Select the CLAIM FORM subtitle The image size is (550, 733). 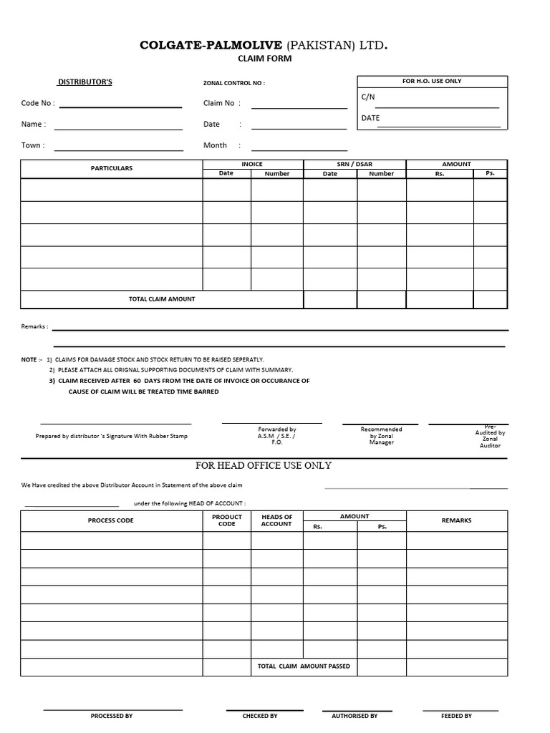(x=264, y=59)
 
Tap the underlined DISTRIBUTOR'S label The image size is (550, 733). (x=85, y=82)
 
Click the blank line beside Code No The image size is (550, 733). (x=120, y=105)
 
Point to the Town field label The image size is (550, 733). (x=32, y=145)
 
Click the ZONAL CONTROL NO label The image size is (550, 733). (x=233, y=83)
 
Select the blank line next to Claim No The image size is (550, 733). (x=299, y=105)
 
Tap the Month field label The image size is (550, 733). (x=215, y=145)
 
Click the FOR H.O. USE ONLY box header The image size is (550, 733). (x=431, y=81)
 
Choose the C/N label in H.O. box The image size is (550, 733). (x=368, y=97)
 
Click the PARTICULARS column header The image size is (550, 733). (x=111, y=168)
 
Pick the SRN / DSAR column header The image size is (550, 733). (x=354, y=164)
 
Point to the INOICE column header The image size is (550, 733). (x=252, y=164)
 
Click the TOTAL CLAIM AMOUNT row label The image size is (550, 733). (x=162, y=298)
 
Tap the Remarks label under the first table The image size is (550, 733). (x=34, y=326)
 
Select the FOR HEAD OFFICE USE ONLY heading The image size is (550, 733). (x=264, y=465)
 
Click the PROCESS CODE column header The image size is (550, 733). (x=110, y=520)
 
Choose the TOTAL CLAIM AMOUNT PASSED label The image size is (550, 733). (x=304, y=666)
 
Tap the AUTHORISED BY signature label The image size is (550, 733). (x=354, y=716)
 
